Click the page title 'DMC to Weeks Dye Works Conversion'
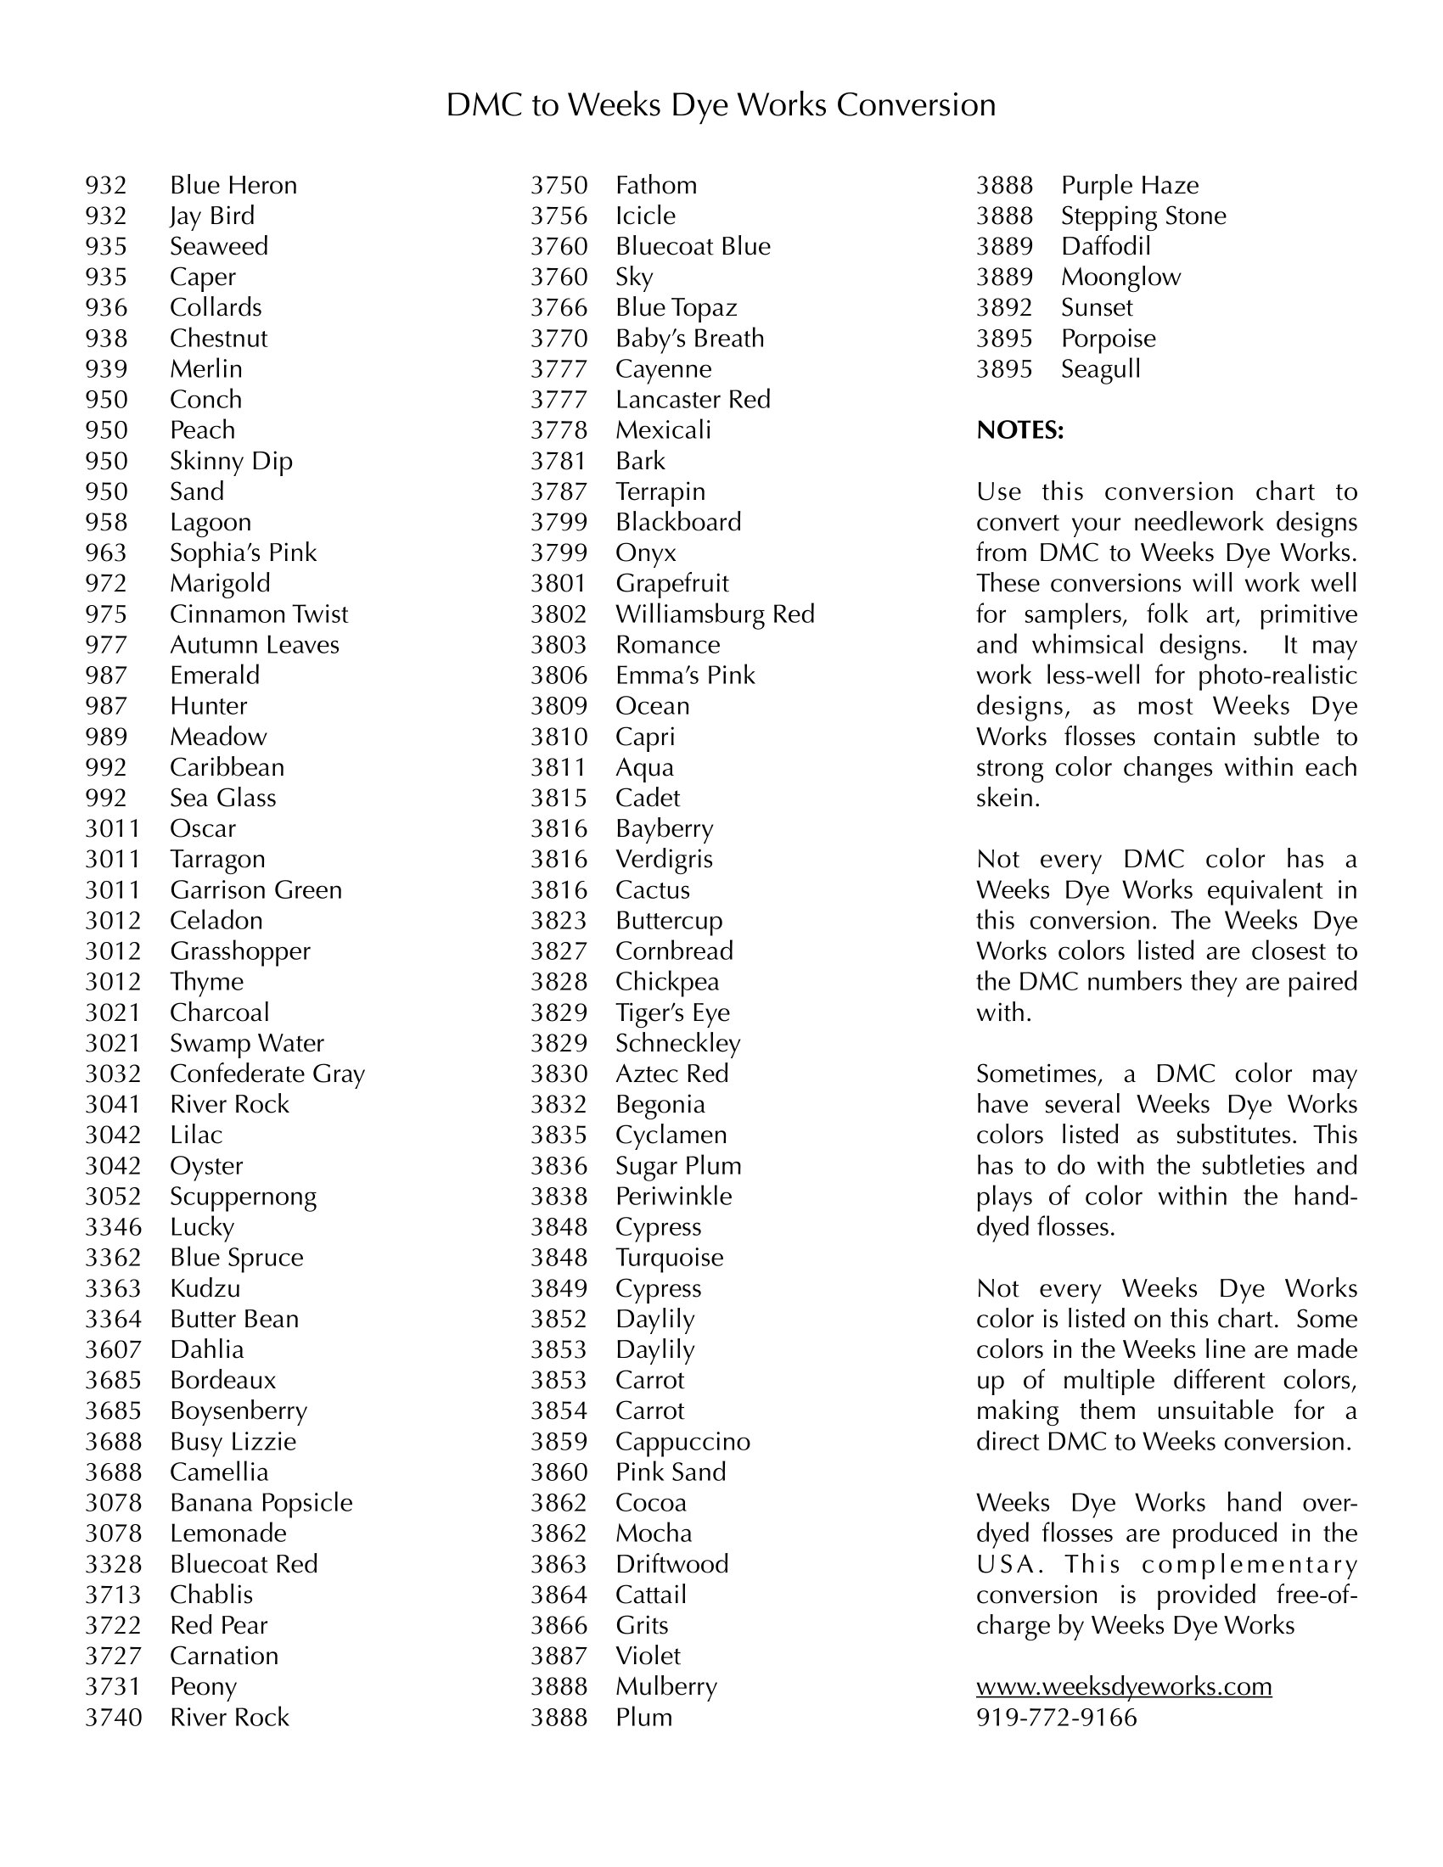721,105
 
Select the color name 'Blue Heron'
233,186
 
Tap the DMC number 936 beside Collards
106,308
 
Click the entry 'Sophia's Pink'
243,553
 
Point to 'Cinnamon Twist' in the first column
259,614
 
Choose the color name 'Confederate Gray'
267,1074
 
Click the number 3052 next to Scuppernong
113,1197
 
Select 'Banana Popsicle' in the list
261,1503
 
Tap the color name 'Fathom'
655,186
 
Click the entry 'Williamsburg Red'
715,614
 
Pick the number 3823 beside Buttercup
559,921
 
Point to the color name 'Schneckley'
678,1043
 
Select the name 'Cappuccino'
682,1441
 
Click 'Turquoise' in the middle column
670,1258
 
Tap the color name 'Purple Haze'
1129,186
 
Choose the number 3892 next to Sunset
1004,308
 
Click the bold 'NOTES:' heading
1019,430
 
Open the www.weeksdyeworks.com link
1123,1686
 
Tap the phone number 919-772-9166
1057,1718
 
